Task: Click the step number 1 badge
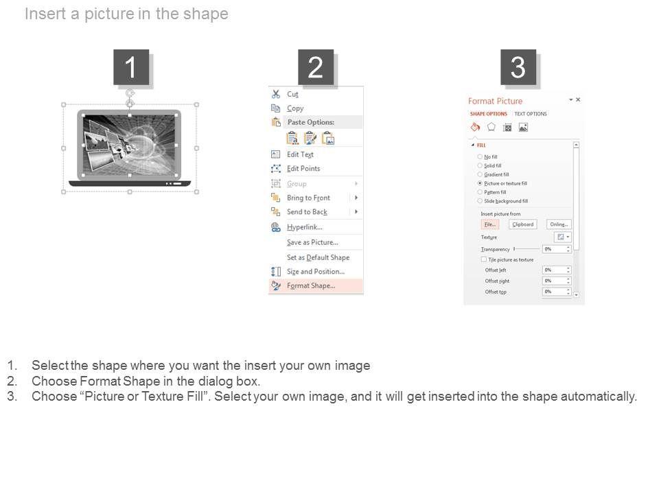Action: pyautogui.click(x=130, y=67)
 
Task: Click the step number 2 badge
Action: pyautogui.click(x=316, y=67)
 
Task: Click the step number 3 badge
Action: pyautogui.click(x=518, y=67)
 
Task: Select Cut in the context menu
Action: pyautogui.click(x=292, y=95)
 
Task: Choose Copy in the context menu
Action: pyautogui.click(x=295, y=108)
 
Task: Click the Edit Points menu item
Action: pyautogui.click(x=303, y=169)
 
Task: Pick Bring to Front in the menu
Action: pyautogui.click(x=308, y=198)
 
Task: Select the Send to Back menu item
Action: pyautogui.click(x=307, y=212)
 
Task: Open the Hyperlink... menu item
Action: pyautogui.click(x=305, y=227)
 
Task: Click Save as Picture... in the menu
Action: pyautogui.click(x=312, y=242)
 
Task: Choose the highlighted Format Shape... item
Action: pyautogui.click(x=311, y=286)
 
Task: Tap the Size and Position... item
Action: pyautogui.click(x=316, y=272)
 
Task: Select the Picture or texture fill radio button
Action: pyautogui.click(x=480, y=184)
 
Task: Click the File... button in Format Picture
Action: pyautogui.click(x=489, y=224)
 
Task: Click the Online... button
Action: pyautogui.click(x=559, y=224)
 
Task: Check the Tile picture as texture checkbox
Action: pyautogui.click(x=484, y=260)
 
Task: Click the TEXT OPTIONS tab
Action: pyautogui.click(x=531, y=114)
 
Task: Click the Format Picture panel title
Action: pyautogui.click(x=495, y=101)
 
